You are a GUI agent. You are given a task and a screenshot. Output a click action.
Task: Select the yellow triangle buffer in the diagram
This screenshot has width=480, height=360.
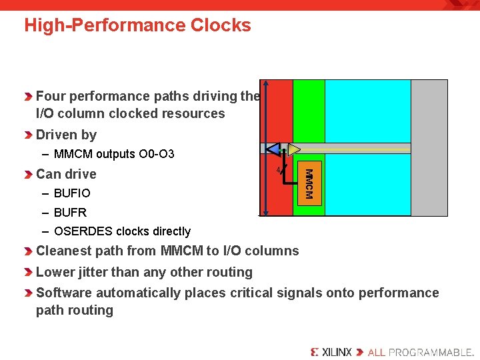point(294,149)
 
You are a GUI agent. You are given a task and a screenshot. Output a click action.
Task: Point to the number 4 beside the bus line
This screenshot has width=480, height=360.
point(278,171)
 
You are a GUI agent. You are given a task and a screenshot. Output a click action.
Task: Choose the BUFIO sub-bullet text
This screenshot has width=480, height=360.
point(72,193)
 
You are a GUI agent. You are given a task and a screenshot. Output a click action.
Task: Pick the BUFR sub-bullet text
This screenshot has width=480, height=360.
point(70,213)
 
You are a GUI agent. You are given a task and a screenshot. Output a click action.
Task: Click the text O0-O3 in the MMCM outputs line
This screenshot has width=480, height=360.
point(157,154)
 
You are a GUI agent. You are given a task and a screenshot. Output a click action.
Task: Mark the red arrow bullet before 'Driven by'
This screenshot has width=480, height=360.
point(28,135)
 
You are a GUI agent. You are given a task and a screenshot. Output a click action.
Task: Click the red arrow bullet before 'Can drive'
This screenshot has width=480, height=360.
point(28,175)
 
